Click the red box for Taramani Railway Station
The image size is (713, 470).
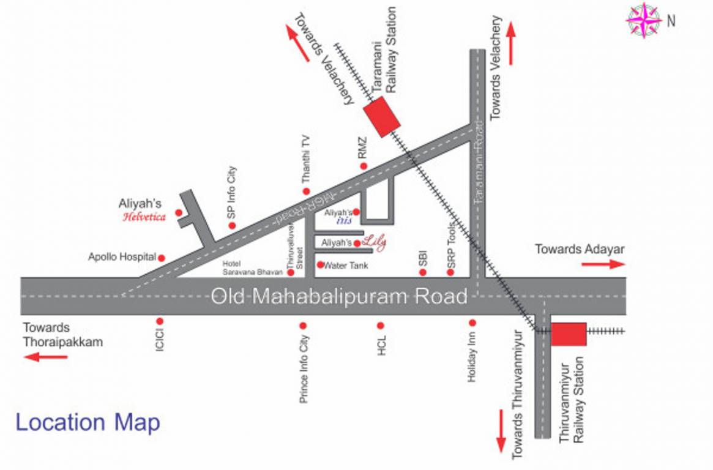[x=382, y=116]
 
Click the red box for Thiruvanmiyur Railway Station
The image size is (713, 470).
[x=569, y=334]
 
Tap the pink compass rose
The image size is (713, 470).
[x=643, y=21]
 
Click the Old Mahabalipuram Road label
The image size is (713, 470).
[x=339, y=297]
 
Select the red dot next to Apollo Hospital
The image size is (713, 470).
[x=162, y=258]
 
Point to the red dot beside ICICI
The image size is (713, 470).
[x=160, y=321]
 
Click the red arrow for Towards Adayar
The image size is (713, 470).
[x=603, y=264]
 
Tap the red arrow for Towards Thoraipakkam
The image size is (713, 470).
[x=46, y=356]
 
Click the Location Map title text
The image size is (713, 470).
[x=88, y=422]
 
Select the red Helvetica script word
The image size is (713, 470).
[x=144, y=217]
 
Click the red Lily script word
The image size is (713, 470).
[x=375, y=242]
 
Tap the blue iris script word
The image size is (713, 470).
[x=344, y=222]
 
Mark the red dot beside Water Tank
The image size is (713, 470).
[x=320, y=264]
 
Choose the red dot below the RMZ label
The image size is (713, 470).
[x=364, y=166]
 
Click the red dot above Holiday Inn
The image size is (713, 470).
[x=472, y=322]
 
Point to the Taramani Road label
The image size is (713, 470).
[x=479, y=163]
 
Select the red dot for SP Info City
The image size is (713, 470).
[x=232, y=226]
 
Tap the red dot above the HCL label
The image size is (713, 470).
[x=380, y=326]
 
